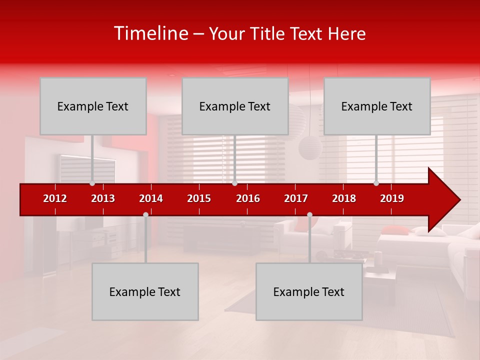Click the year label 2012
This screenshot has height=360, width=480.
click(55, 198)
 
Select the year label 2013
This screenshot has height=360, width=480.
click(103, 198)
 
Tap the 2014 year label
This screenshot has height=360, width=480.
click(151, 198)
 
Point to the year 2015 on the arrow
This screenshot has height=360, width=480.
click(199, 198)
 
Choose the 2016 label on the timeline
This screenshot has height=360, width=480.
click(248, 198)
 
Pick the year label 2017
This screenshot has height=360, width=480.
click(296, 198)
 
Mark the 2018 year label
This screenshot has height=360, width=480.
click(344, 198)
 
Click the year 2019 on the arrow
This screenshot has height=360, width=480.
click(392, 198)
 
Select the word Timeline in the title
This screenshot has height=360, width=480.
click(150, 33)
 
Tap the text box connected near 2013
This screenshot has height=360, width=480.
click(93, 106)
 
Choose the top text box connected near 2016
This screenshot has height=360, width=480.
click(235, 106)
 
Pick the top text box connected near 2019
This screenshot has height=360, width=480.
click(377, 106)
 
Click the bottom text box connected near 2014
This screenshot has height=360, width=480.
click(145, 291)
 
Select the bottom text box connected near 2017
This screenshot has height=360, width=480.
click(309, 291)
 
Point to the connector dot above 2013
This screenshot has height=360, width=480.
click(92, 183)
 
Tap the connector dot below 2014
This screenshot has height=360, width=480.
click(145, 214)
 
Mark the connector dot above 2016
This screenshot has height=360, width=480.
click(234, 183)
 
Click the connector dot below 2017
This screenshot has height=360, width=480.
click(309, 214)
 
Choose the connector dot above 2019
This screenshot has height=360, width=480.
click(376, 183)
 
